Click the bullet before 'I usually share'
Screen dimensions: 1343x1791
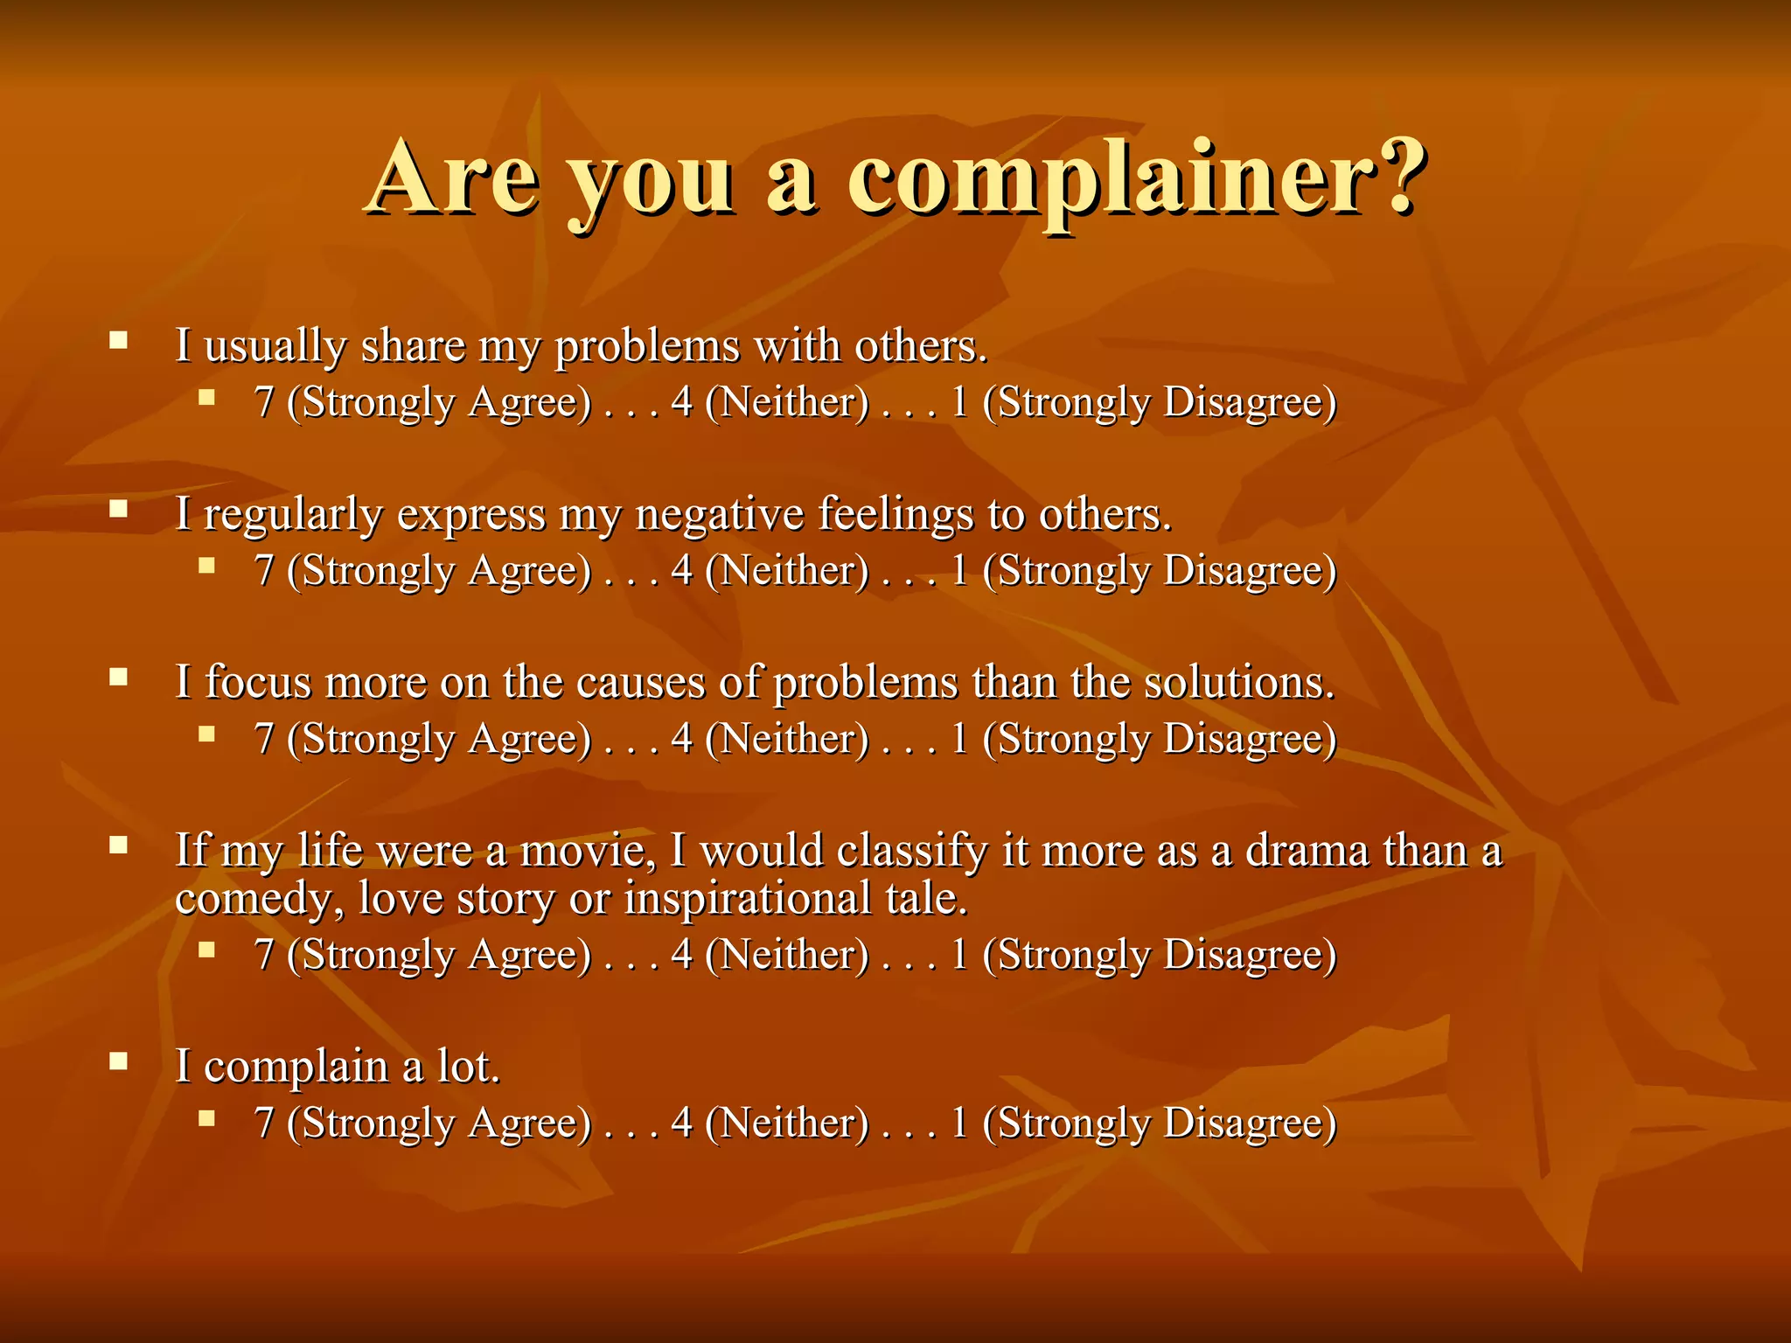(x=119, y=339)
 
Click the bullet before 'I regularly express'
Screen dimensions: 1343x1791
(x=119, y=507)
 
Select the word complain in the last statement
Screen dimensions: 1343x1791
(x=296, y=1068)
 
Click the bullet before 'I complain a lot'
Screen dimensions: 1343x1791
(x=119, y=1061)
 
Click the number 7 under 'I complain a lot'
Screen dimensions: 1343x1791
(x=264, y=1123)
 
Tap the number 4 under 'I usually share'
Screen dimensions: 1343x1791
(x=682, y=402)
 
